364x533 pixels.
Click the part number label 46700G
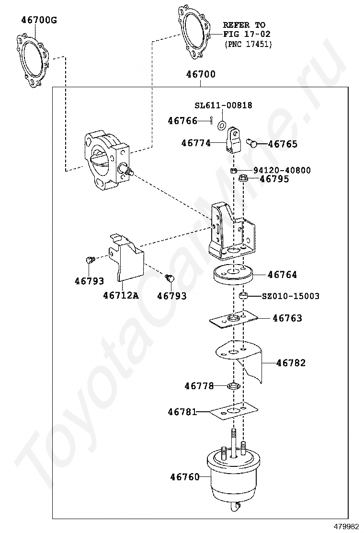[x=39, y=20]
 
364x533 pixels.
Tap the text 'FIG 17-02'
[x=247, y=34]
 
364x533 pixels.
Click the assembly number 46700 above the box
[x=200, y=74]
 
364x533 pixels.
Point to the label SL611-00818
[x=223, y=105]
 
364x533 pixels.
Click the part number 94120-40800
[x=282, y=170]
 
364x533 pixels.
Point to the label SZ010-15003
[x=290, y=296]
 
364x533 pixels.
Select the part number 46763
[x=287, y=318]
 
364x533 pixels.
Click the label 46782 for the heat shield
[x=291, y=363]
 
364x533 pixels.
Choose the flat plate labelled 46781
[x=233, y=412]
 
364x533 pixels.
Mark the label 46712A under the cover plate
[x=121, y=295]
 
